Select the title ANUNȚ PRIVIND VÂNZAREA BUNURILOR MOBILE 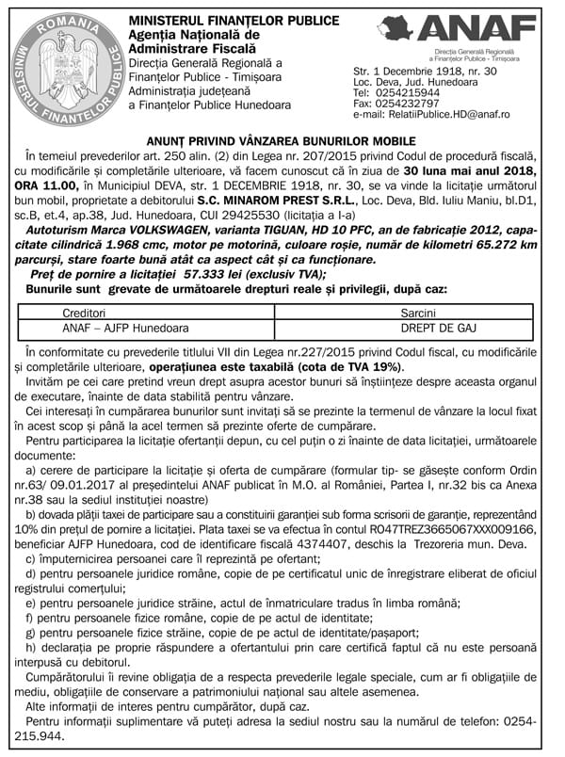(282, 140)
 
